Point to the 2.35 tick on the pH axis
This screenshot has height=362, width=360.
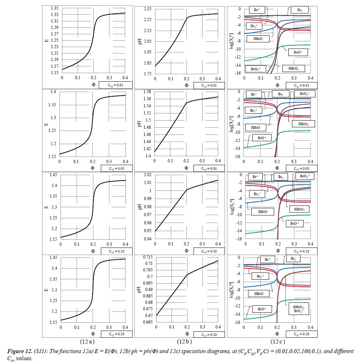click(147, 9)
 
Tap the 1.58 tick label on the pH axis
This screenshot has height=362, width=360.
click(147, 92)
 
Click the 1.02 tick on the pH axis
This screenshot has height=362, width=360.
click(147, 175)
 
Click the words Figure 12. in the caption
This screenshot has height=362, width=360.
click(18, 351)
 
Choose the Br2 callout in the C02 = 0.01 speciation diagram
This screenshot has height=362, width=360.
click(300, 10)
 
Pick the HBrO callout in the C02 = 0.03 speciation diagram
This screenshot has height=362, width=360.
click(253, 127)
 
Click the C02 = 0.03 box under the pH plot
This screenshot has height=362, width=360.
click(209, 168)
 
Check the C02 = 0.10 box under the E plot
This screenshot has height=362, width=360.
click(116, 251)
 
